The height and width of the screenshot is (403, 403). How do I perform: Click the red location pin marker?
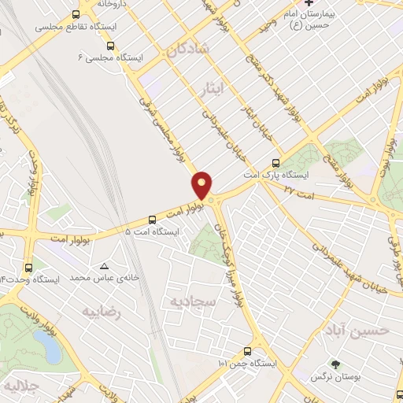(203, 183)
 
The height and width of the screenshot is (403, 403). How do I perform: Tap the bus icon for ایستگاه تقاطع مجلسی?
(76, 14)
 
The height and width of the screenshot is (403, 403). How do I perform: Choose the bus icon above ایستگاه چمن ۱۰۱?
(248, 351)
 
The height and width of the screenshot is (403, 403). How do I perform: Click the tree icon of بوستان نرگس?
(336, 364)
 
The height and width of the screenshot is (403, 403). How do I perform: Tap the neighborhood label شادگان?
(187, 49)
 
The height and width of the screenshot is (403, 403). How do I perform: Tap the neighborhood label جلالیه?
(20, 387)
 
